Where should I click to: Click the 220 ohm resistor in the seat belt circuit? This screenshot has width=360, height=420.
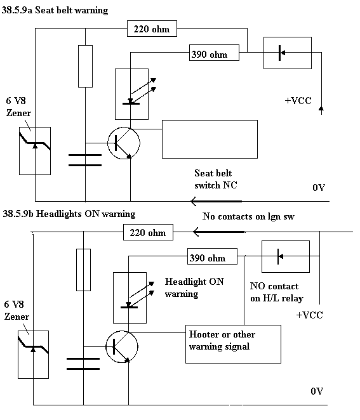click(152, 29)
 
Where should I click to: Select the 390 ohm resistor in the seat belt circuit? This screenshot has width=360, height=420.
click(214, 53)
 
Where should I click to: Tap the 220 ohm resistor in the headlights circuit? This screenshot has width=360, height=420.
click(148, 232)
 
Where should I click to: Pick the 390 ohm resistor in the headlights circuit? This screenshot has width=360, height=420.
click(212, 256)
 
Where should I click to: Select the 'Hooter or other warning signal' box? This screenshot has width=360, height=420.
click(233, 345)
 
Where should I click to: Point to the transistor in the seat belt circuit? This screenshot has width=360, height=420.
click(124, 143)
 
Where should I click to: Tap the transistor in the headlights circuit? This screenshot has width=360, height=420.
click(122, 347)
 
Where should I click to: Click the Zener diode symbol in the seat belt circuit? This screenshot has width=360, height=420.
click(35, 151)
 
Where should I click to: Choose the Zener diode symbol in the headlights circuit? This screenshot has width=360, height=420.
click(33, 355)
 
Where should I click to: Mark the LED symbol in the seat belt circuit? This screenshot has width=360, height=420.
click(131, 94)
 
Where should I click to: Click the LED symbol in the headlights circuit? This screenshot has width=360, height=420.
click(130, 298)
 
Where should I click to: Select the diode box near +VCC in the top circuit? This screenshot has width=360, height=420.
click(288, 53)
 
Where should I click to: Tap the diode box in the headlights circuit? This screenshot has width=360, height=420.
click(286, 256)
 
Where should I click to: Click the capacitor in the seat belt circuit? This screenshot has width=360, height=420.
click(85, 160)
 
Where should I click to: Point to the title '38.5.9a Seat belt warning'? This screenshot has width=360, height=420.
click(55, 10)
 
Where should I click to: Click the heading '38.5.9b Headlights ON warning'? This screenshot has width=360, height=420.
click(69, 214)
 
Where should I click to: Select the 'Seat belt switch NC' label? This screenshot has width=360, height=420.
click(216, 179)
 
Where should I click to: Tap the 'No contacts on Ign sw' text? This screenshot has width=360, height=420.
click(248, 216)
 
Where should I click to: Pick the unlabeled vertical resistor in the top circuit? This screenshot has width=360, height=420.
click(85, 66)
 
